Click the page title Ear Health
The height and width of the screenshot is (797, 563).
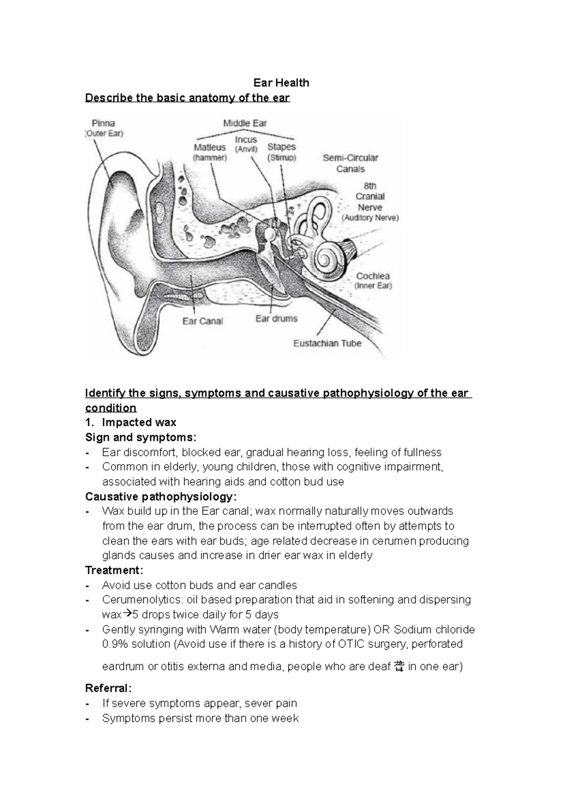point(281,83)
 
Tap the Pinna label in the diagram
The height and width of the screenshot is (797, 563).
point(103,123)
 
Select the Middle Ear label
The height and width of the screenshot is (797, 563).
point(245,123)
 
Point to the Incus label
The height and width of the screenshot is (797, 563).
point(246,140)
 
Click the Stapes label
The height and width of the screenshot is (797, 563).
point(281,147)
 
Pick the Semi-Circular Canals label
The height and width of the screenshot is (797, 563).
point(350,163)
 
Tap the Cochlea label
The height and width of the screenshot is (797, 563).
point(373,276)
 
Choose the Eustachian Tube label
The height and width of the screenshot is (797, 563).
point(327,343)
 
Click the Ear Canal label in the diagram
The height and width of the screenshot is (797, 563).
point(203,322)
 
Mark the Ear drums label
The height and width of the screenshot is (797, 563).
point(276,319)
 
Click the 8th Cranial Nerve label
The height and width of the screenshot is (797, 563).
point(370,197)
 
